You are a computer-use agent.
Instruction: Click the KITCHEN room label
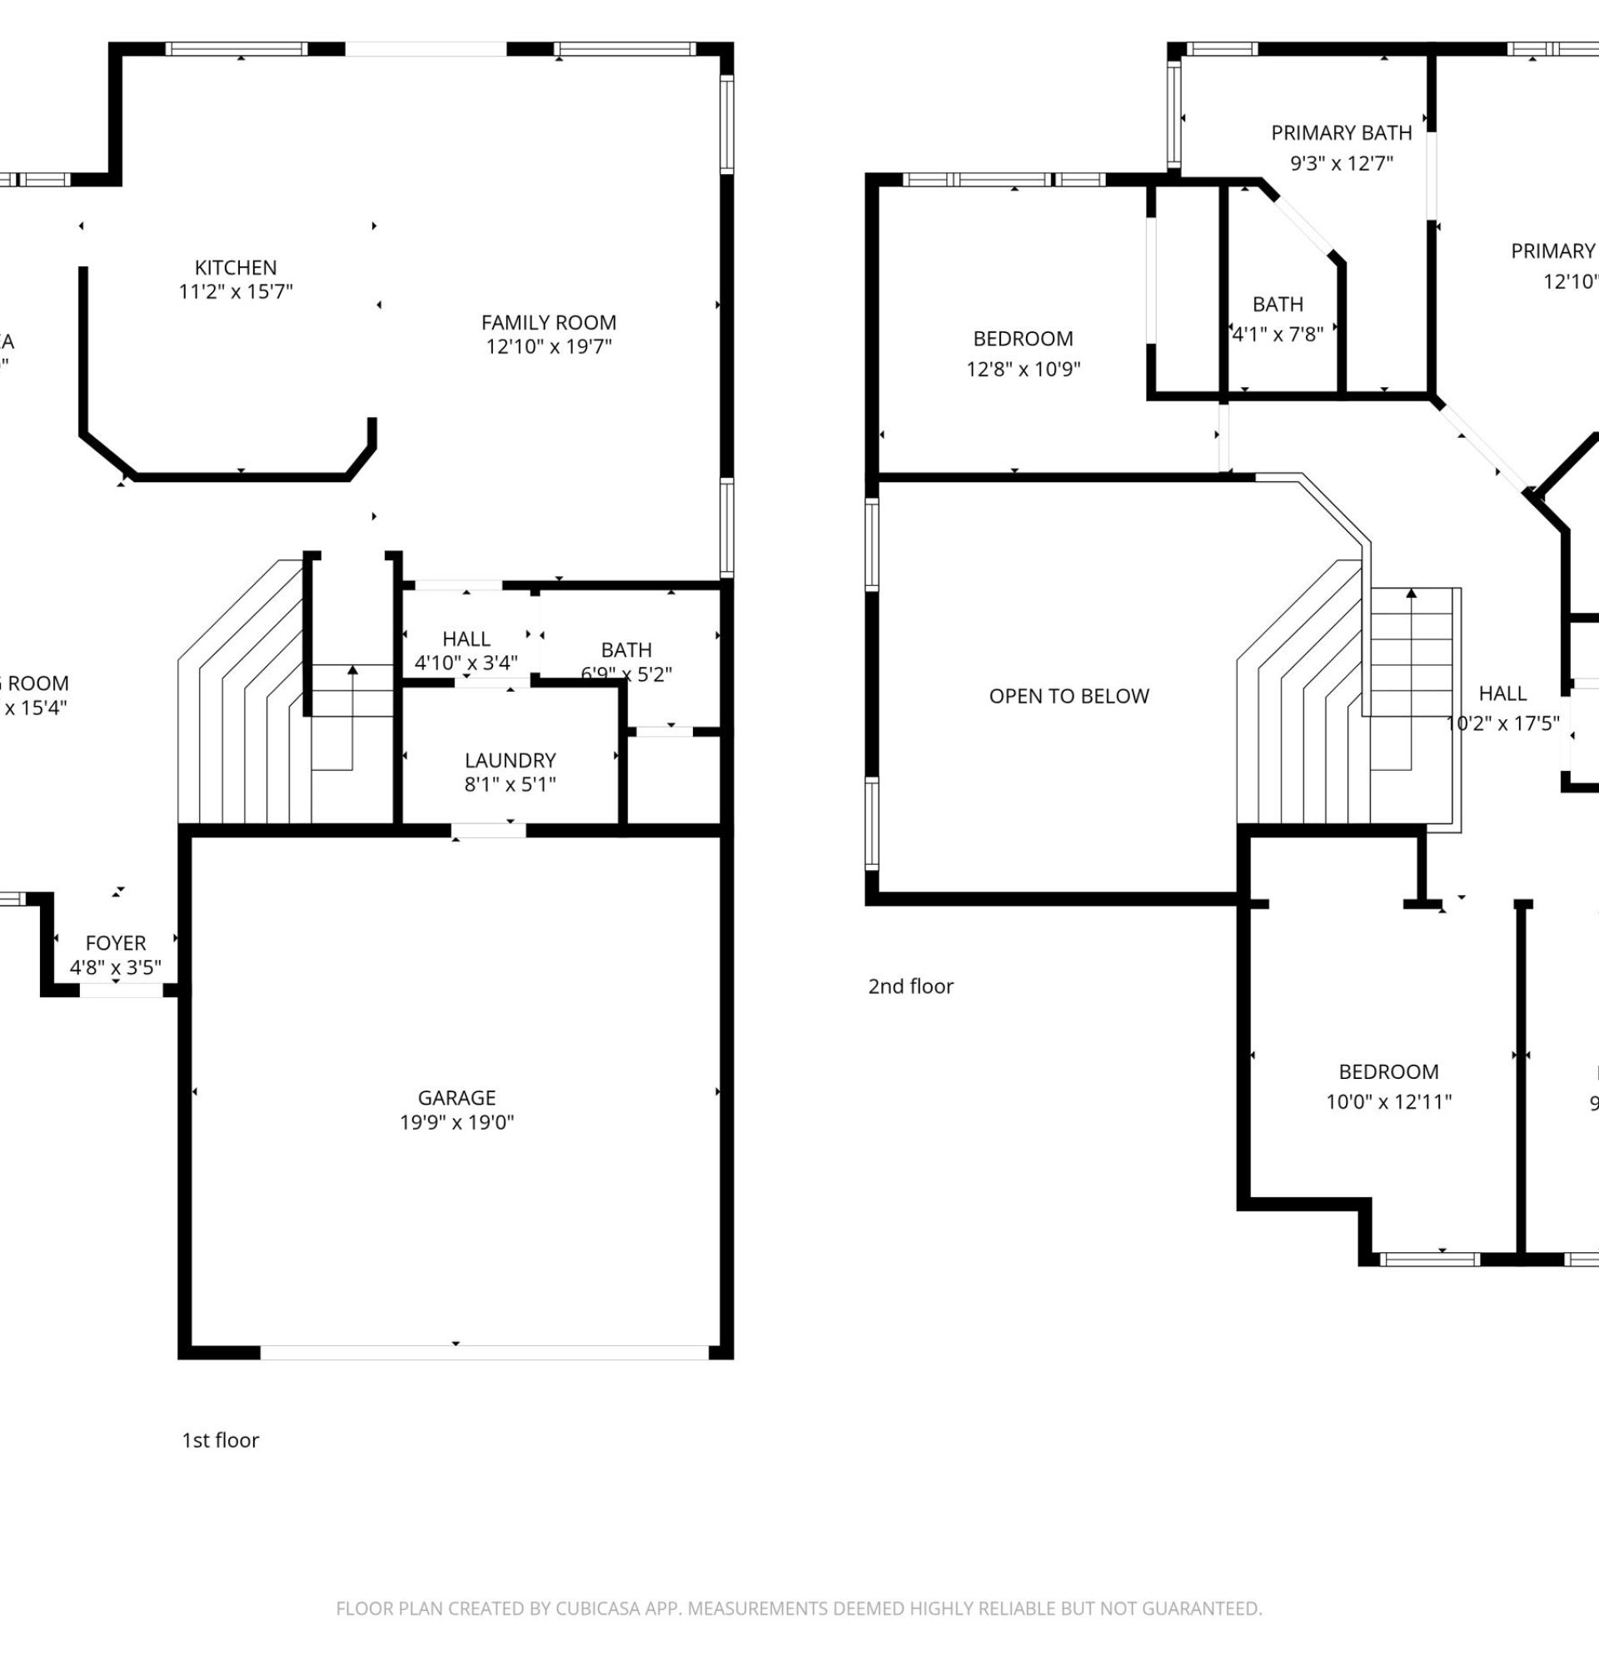(x=236, y=267)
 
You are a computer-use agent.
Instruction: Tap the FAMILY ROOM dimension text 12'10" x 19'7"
(x=549, y=346)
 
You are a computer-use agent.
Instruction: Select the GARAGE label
(x=456, y=1097)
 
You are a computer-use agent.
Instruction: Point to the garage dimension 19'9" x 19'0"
(x=456, y=1122)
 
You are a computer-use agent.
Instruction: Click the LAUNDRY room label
(x=510, y=760)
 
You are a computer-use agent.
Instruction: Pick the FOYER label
(x=116, y=943)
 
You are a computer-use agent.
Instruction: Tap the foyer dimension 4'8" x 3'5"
(x=116, y=967)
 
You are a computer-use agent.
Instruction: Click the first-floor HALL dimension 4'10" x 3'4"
(x=466, y=663)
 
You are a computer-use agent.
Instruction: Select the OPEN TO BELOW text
(x=1068, y=697)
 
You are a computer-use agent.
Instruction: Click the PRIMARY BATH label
(x=1342, y=133)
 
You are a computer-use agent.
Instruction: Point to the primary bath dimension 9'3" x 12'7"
(x=1342, y=163)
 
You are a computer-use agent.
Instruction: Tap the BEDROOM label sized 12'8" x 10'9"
(x=1023, y=339)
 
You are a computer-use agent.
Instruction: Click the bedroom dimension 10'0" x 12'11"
(x=1388, y=1101)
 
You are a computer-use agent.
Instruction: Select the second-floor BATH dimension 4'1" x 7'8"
(x=1278, y=334)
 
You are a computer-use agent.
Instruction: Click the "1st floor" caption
(x=220, y=1440)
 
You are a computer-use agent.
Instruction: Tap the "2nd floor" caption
(x=910, y=987)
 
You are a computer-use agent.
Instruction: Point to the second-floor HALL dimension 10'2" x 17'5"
(x=1502, y=723)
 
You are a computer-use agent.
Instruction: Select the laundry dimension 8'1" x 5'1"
(x=510, y=784)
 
